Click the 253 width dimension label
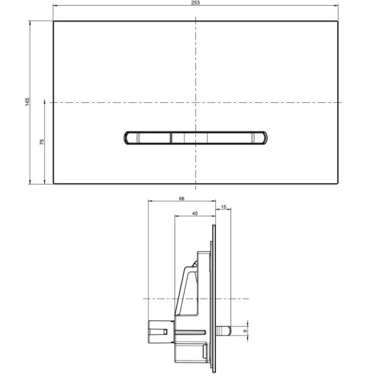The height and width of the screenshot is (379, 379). point(195,3)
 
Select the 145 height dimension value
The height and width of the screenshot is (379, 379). point(27,102)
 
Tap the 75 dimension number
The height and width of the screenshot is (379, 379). point(42,142)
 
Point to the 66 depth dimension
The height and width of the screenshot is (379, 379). point(181,198)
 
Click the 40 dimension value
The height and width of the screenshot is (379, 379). point(195,214)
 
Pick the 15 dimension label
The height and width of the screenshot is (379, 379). point(224,207)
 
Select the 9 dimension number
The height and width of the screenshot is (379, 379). point(245,331)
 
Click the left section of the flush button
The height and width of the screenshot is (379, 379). point(148,138)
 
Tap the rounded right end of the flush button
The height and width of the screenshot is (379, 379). point(264,138)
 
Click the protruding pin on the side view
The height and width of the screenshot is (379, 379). point(224,331)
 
